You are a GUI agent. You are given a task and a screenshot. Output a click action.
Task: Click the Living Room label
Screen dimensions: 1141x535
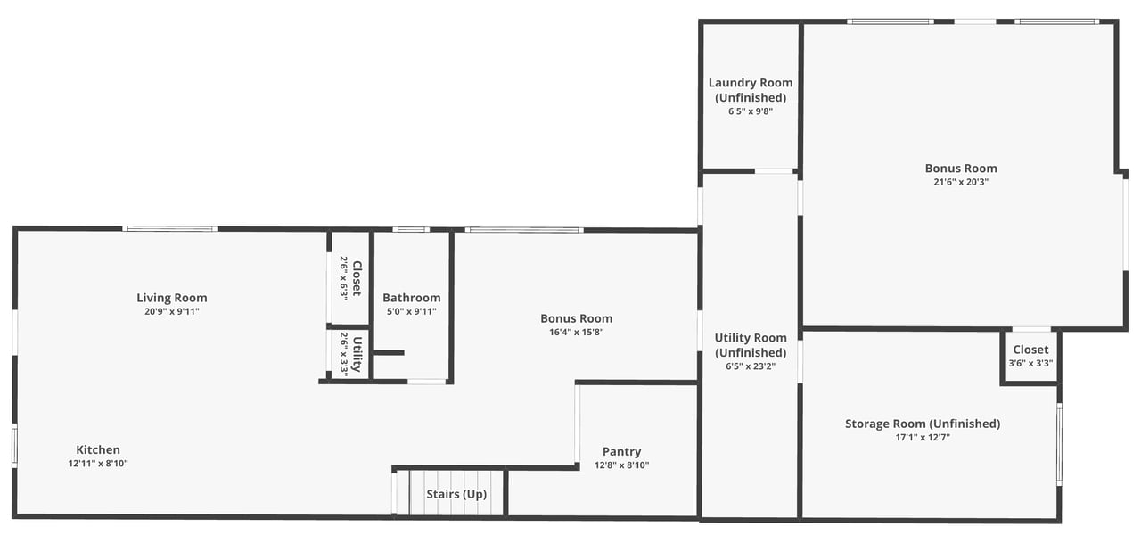point(172,298)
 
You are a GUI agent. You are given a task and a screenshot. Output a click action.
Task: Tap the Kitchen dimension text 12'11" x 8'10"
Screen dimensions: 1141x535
point(98,464)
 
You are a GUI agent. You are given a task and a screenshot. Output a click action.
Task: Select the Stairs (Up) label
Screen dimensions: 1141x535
point(456,494)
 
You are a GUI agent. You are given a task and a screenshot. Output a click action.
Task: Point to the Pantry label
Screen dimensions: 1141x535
point(621,451)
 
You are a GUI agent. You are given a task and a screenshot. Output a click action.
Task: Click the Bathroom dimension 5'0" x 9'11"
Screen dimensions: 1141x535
point(412,311)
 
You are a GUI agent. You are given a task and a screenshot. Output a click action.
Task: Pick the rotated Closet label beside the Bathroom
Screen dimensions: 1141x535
point(357,278)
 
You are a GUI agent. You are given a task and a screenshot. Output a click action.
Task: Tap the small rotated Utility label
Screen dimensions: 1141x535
point(357,354)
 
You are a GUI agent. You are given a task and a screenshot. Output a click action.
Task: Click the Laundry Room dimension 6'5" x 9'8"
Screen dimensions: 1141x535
point(751,111)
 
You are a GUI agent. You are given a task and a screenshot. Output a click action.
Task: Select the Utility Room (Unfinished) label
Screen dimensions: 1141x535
point(751,345)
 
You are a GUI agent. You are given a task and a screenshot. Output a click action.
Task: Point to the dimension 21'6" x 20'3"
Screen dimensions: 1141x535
point(961,182)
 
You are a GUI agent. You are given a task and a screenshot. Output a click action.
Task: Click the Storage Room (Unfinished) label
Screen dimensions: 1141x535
point(923,424)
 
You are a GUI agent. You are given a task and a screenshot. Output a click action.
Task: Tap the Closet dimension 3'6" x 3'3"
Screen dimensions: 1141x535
point(1030,363)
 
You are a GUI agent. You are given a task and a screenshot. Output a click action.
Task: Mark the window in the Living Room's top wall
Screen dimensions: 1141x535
point(169,229)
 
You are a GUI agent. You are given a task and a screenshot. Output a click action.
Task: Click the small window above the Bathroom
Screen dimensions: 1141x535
point(411,229)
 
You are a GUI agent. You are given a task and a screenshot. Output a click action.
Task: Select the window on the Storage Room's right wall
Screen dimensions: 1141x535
point(1059,444)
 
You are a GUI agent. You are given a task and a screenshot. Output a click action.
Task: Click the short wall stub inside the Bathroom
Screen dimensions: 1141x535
point(389,352)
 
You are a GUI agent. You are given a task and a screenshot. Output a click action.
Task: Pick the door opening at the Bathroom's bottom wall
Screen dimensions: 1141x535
point(427,381)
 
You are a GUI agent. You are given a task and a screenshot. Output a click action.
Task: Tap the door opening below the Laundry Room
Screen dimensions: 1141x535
point(774,171)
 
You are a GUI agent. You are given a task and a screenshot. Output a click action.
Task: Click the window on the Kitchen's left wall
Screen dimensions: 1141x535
point(15,445)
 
